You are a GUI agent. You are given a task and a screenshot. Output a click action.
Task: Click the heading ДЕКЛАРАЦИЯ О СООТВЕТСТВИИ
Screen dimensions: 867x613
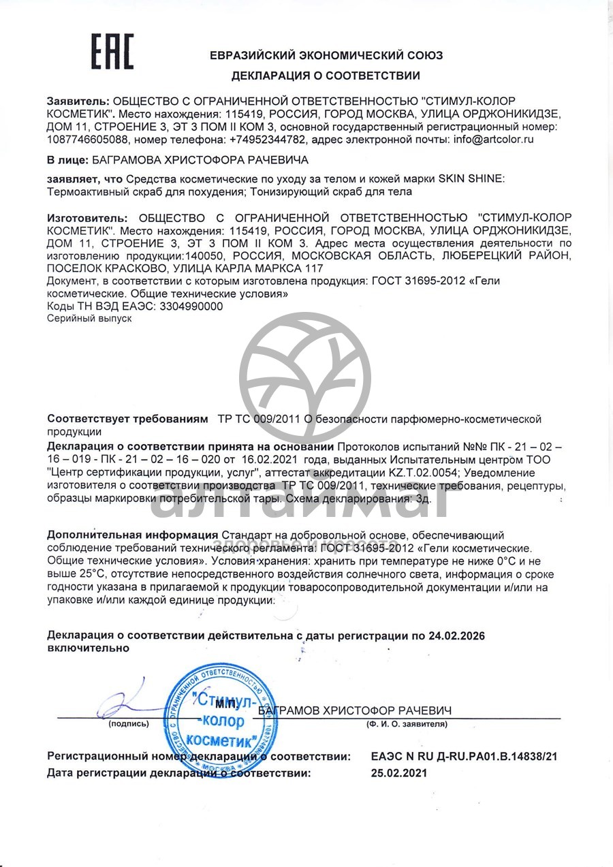click(x=326, y=76)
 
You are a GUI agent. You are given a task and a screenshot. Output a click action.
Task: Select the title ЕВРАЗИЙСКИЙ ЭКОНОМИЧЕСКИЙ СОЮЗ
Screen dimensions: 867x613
click(x=326, y=55)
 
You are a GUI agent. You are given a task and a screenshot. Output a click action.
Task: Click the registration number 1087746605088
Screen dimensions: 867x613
click(x=87, y=140)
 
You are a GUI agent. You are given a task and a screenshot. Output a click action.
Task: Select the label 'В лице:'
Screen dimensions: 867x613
click(x=67, y=160)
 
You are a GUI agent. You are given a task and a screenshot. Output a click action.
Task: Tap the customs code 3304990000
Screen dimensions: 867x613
click(x=187, y=306)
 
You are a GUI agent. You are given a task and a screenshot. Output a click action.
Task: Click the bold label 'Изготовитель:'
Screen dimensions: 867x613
click(x=87, y=218)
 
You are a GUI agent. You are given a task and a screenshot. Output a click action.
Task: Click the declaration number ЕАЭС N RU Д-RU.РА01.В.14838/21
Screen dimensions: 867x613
click(x=468, y=757)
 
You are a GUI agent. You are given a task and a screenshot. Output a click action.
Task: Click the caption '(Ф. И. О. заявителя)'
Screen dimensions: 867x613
click(x=407, y=724)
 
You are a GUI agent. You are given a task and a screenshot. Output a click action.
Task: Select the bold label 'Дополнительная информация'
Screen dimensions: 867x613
click(x=133, y=535)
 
